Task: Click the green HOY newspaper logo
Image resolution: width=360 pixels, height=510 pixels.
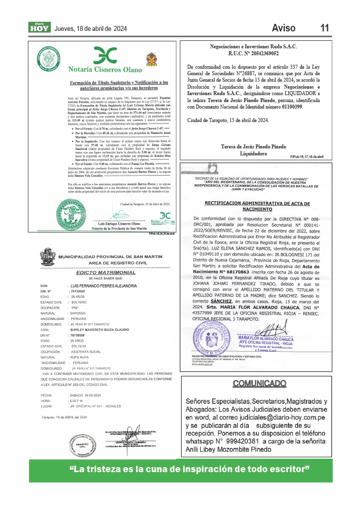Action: [39, 28]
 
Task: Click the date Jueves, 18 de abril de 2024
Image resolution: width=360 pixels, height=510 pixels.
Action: [90, 28]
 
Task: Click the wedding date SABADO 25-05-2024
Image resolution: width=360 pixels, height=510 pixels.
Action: [89, 394]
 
